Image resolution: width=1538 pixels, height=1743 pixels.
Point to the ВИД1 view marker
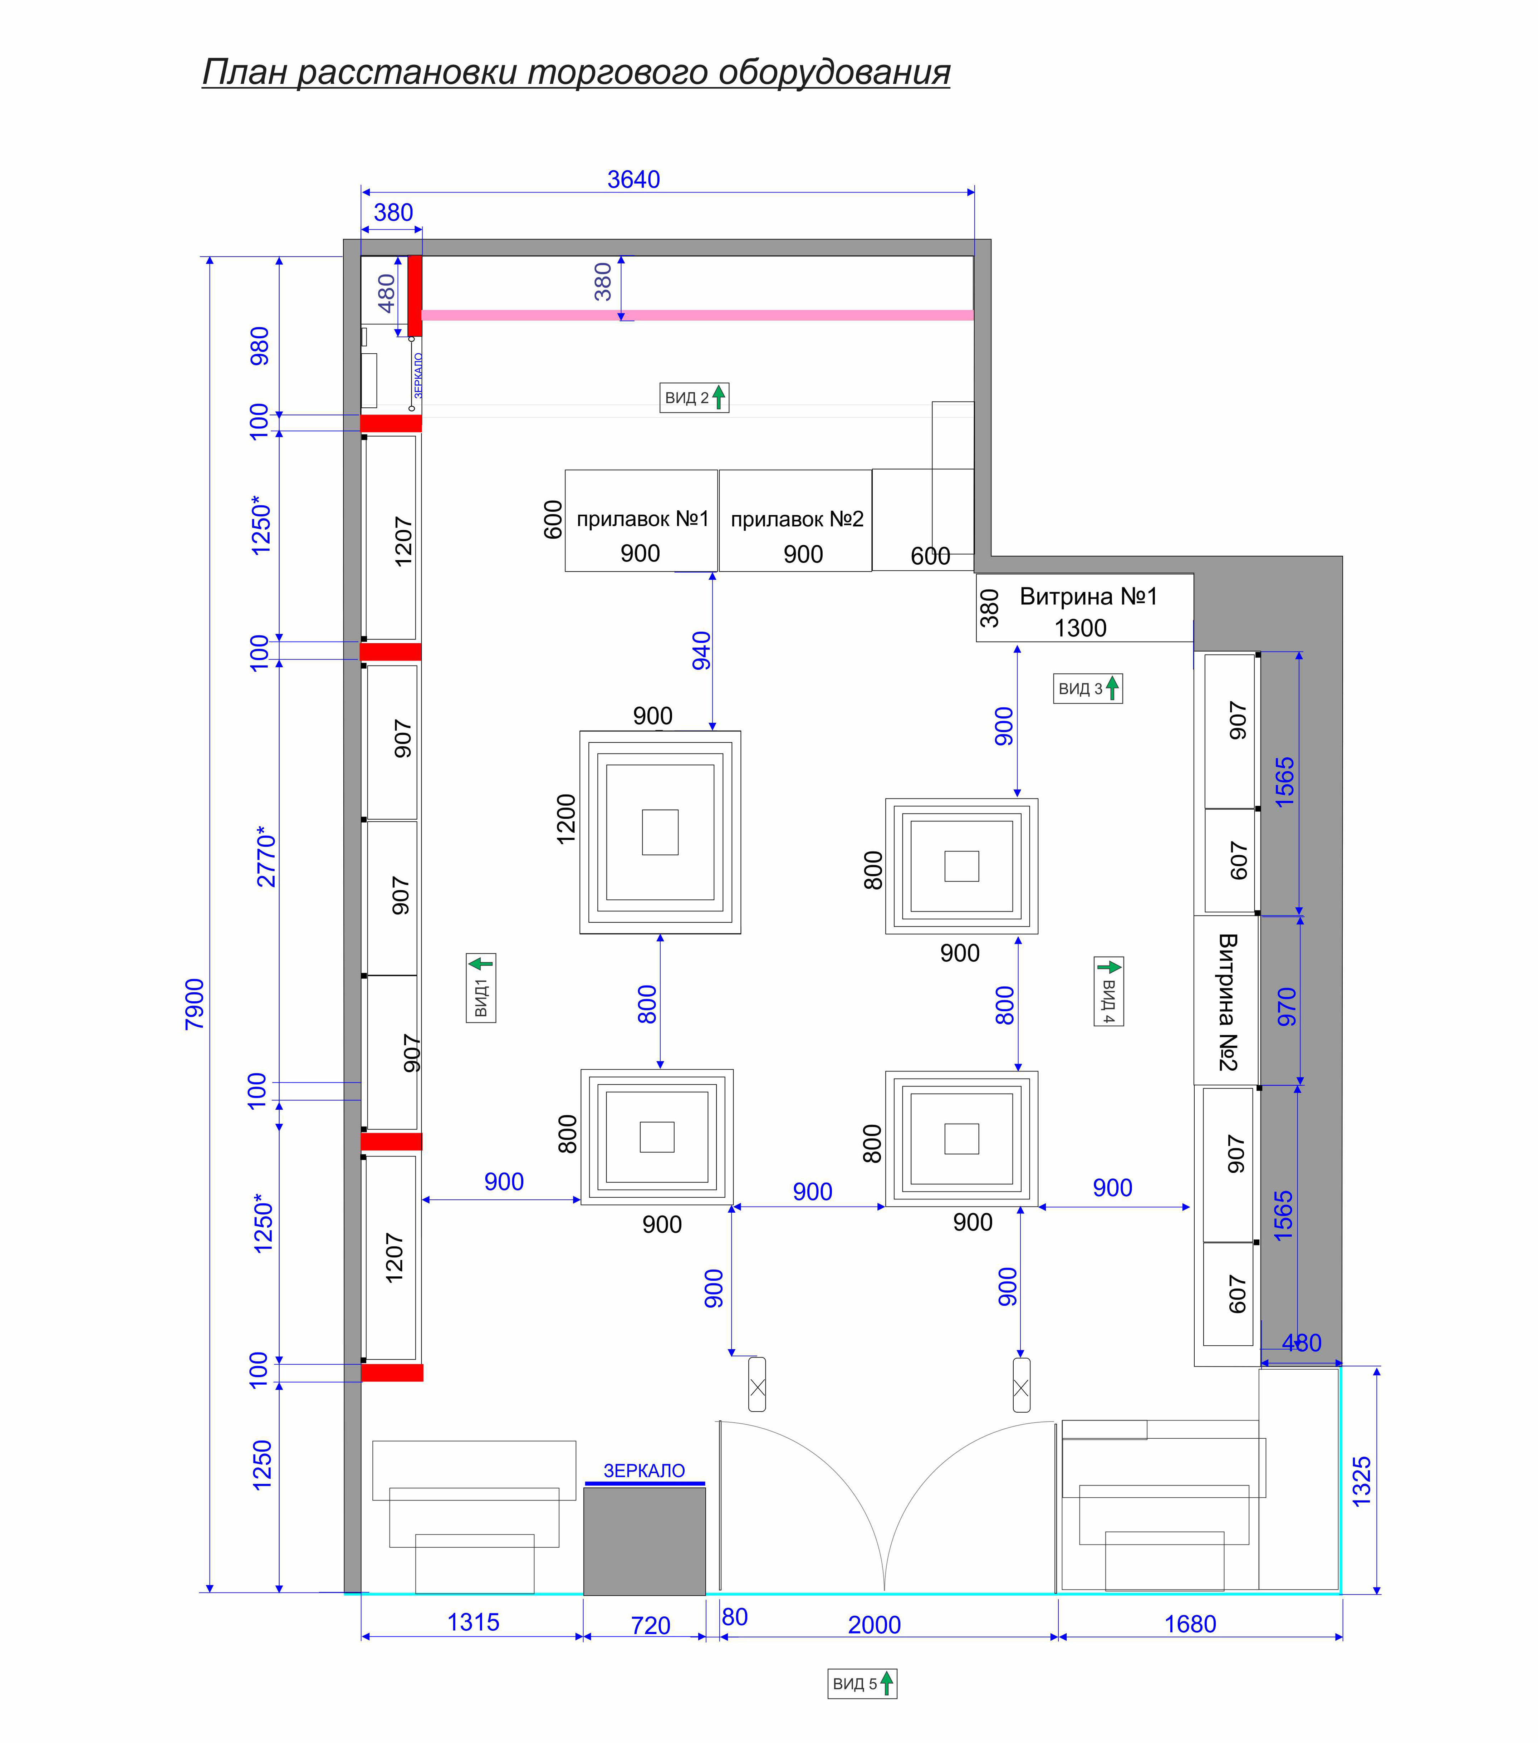(481, 987)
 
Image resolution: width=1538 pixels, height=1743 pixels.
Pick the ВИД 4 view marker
(1109, 991)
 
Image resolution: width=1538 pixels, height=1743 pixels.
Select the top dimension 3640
(634, 180)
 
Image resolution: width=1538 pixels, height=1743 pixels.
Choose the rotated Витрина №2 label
(1228, 1002)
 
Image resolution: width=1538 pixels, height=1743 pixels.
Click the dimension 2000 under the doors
(875, 1625)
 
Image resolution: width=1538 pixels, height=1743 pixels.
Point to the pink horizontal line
(697, 315)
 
